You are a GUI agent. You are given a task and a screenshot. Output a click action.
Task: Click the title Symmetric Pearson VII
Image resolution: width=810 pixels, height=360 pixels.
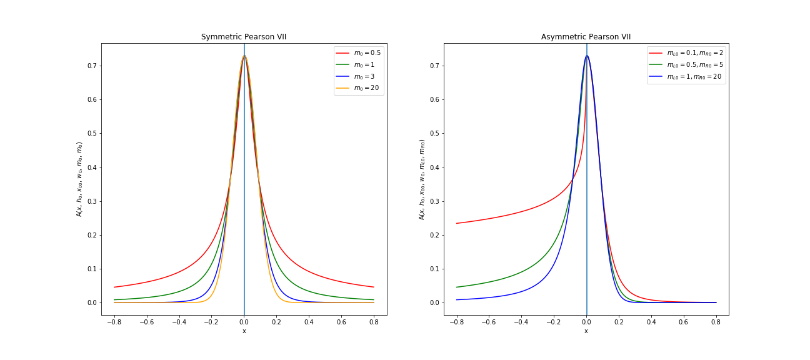(x=244, y=37)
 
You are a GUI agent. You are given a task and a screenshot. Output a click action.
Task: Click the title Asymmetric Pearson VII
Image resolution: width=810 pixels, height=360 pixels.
(x=586, y=37)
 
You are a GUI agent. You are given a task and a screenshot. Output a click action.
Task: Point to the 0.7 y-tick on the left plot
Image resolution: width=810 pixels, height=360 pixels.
(x=91, y=66)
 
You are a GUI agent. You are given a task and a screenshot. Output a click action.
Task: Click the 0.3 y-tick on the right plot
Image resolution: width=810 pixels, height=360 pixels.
(x=434, y=201)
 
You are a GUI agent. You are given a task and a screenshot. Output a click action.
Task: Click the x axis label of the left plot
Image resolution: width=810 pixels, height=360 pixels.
(x=244, y=331)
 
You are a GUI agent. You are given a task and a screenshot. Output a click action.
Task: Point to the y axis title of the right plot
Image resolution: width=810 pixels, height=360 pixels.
(x=422, y=179)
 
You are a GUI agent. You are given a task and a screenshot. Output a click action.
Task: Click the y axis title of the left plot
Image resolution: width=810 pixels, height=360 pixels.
(x=79, y=179)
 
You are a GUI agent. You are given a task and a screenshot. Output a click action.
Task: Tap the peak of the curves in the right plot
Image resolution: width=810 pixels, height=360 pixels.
(x=586, y=56)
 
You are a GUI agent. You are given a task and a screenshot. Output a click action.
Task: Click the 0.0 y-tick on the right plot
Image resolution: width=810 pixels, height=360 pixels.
(x=434, y=302)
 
